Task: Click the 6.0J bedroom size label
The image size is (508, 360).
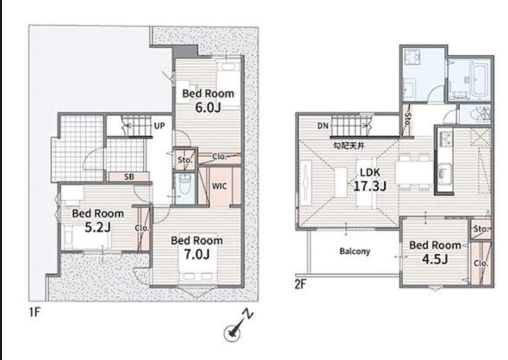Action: coord(208,107)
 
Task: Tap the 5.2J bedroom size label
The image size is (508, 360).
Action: coord(98,227)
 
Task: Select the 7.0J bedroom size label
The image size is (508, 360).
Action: coord(197,254)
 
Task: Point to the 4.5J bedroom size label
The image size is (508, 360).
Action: coord(435,259)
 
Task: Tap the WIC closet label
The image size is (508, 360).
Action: coord(219,186)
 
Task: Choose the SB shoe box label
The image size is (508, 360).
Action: coord(129,177)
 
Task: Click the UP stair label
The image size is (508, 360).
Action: coord(159,126)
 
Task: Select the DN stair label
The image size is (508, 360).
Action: coord(323,126)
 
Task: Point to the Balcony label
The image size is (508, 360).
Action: coord(355,251)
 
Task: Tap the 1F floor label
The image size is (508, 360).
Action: coord(34,312)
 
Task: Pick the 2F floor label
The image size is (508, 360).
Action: coord(300,284)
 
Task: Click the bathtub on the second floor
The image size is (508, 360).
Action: coord(480,81)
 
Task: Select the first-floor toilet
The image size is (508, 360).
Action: coord(185,185)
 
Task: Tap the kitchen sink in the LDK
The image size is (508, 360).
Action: coord(446,173)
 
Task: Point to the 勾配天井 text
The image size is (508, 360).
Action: coord(349,146)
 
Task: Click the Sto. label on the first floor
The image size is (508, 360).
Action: coord(185,160)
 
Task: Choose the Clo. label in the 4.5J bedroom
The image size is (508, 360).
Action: coord(481,263)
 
